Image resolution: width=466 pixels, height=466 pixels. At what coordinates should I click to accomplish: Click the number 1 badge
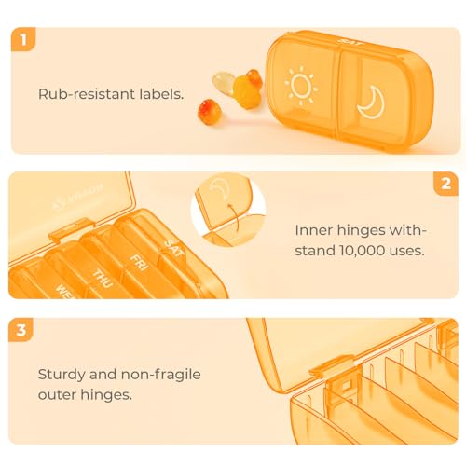(x=23, y=39)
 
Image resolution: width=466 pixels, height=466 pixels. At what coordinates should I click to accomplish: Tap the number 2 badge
(x=445, y=184)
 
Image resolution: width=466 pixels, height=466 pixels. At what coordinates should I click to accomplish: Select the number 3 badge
(x=21, y=330)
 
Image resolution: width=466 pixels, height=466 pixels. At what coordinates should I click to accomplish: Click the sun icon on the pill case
(x=301, y=86)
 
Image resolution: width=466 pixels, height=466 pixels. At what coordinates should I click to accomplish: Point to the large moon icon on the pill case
(x=373, y=103)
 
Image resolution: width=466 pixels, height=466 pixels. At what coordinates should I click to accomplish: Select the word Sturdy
(x=62, y=375)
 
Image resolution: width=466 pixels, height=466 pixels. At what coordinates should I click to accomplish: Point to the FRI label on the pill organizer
(x=139, y=263)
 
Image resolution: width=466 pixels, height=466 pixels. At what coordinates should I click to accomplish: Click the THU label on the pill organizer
(x=103, y=279)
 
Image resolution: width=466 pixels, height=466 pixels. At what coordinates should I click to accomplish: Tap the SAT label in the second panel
(x=174, y=248)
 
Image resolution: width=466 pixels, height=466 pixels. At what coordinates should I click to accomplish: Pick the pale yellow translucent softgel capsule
(x=223, y=82)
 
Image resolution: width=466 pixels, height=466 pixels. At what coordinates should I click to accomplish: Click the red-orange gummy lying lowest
(x=210, y=112)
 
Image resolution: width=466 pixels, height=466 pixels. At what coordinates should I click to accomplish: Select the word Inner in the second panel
(x=314, y=230)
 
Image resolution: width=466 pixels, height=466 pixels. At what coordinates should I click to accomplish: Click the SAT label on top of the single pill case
(x=349, y=42)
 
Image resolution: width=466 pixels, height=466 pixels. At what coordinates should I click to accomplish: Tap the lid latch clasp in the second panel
(x=72, y=228)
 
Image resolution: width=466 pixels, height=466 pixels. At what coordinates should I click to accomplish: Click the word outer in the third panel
(x=57, y=395)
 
